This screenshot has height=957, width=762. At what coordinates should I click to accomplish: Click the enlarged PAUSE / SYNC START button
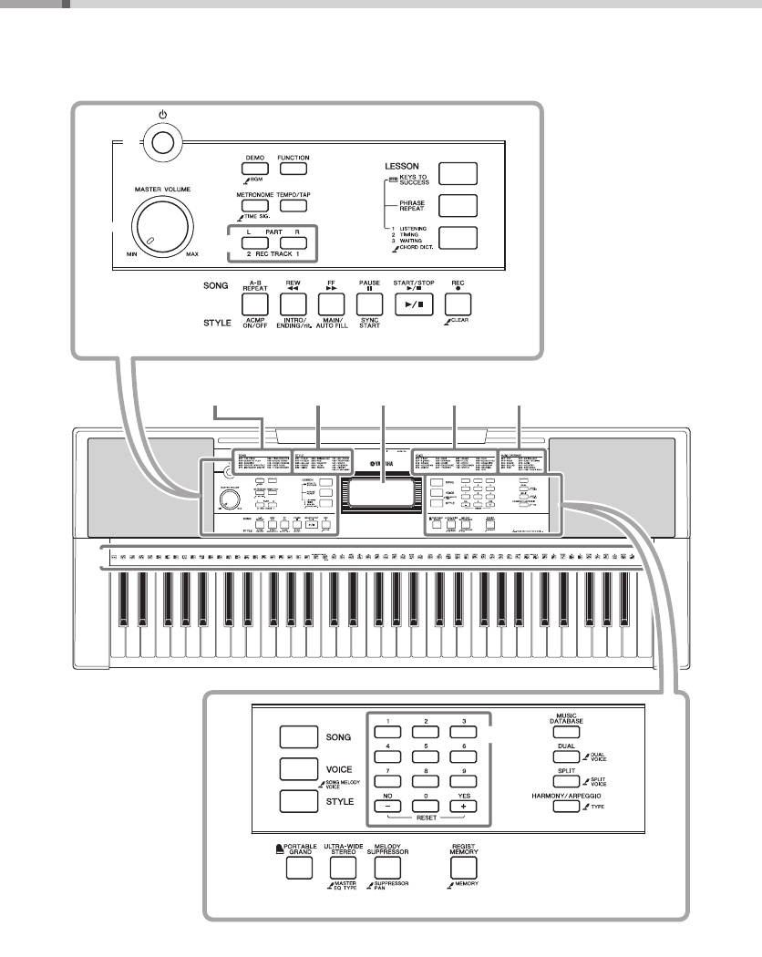coord(368,303)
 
